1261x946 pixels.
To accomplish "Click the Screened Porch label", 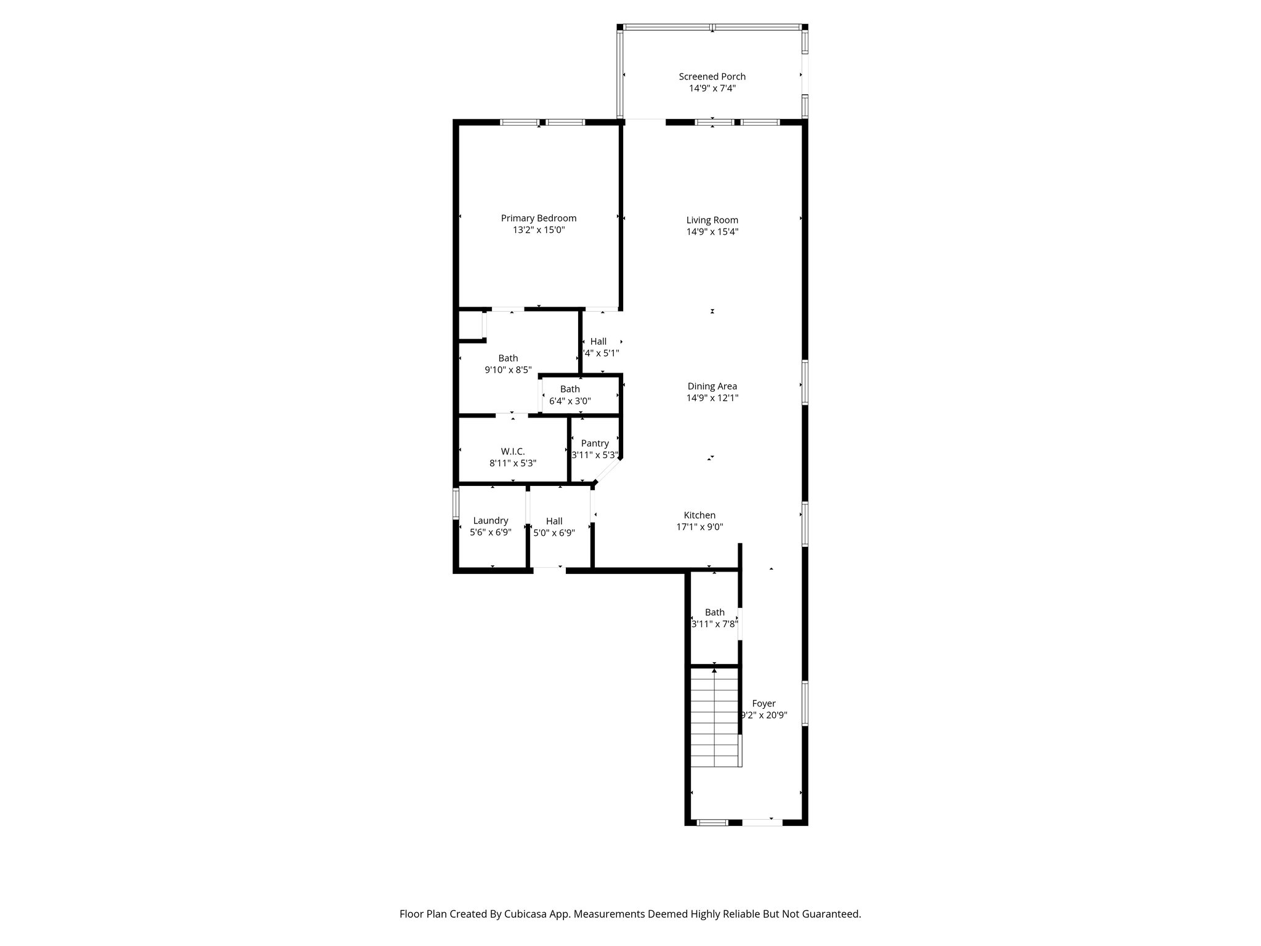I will (x=712, y=76).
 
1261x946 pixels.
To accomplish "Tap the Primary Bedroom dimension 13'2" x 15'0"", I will (x=538, y=230).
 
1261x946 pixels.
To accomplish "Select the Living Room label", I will (x=712, y=220).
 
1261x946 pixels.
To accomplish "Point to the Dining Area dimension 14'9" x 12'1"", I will (x=712, y=398).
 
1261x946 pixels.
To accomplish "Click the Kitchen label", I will (x=699, y=515).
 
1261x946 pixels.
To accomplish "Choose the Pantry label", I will (x=594, y=443).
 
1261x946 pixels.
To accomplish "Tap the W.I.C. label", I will (x=512, y=451).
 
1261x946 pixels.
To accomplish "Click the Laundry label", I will (x=490, y=520).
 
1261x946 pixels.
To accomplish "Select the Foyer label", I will (x=763, y=703).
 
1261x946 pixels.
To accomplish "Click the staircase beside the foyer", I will (x=714, y=718).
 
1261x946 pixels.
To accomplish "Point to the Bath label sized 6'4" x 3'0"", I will (x=570, y=389).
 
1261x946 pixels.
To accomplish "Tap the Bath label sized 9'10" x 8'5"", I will (x=508, y=358).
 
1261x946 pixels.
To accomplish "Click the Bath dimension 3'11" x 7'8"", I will (x=714, y=624).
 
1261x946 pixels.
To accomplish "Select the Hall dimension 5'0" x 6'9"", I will (x=554, y=533).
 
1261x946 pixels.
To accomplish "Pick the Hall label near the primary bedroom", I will (x=598, y=341).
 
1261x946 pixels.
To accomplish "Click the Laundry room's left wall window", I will (x=456, y=503).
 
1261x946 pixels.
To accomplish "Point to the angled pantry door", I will (x=608, y=472).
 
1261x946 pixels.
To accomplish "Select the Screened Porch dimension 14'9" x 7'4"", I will (x=712, y=88).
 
